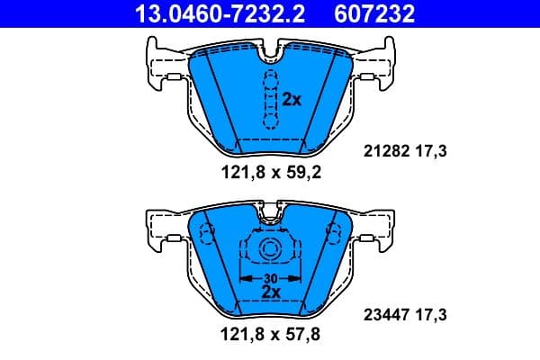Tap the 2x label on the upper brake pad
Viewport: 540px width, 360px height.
point(291,100)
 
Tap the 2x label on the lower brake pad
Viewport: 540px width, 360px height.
point(269,292)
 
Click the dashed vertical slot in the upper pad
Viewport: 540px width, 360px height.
point(268,99)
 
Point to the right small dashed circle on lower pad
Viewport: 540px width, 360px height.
point(333,236)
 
